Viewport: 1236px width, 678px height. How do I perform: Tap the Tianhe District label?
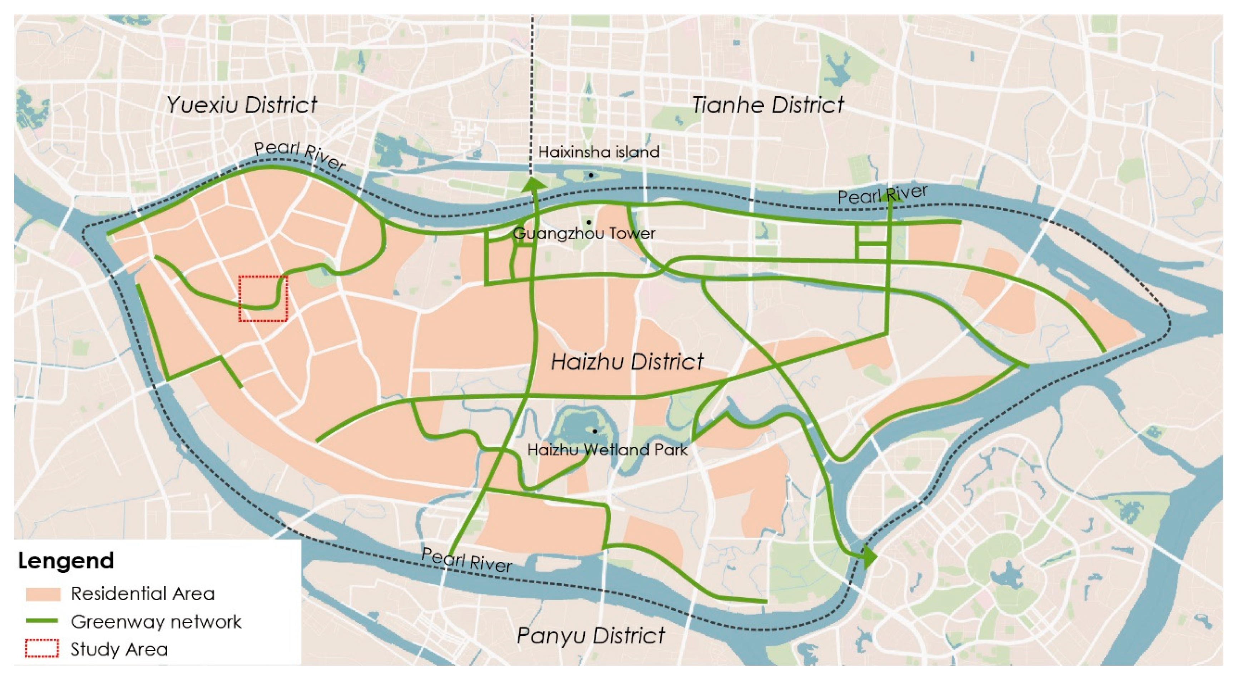coord(768,105)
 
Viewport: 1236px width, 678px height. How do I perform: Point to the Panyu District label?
coord(590,636)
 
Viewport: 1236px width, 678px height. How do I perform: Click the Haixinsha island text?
coord(598,152)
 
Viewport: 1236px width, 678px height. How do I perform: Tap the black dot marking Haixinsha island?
coord(590,175)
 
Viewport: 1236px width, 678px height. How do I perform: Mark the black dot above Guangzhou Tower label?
coord(589,222)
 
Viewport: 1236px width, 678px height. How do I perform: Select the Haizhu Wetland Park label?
coord(607,450)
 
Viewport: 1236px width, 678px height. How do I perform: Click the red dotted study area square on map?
coord(263,298)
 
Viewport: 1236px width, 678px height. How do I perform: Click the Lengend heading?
coord(66,560)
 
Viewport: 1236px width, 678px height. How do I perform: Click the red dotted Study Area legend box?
coord(42,649)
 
